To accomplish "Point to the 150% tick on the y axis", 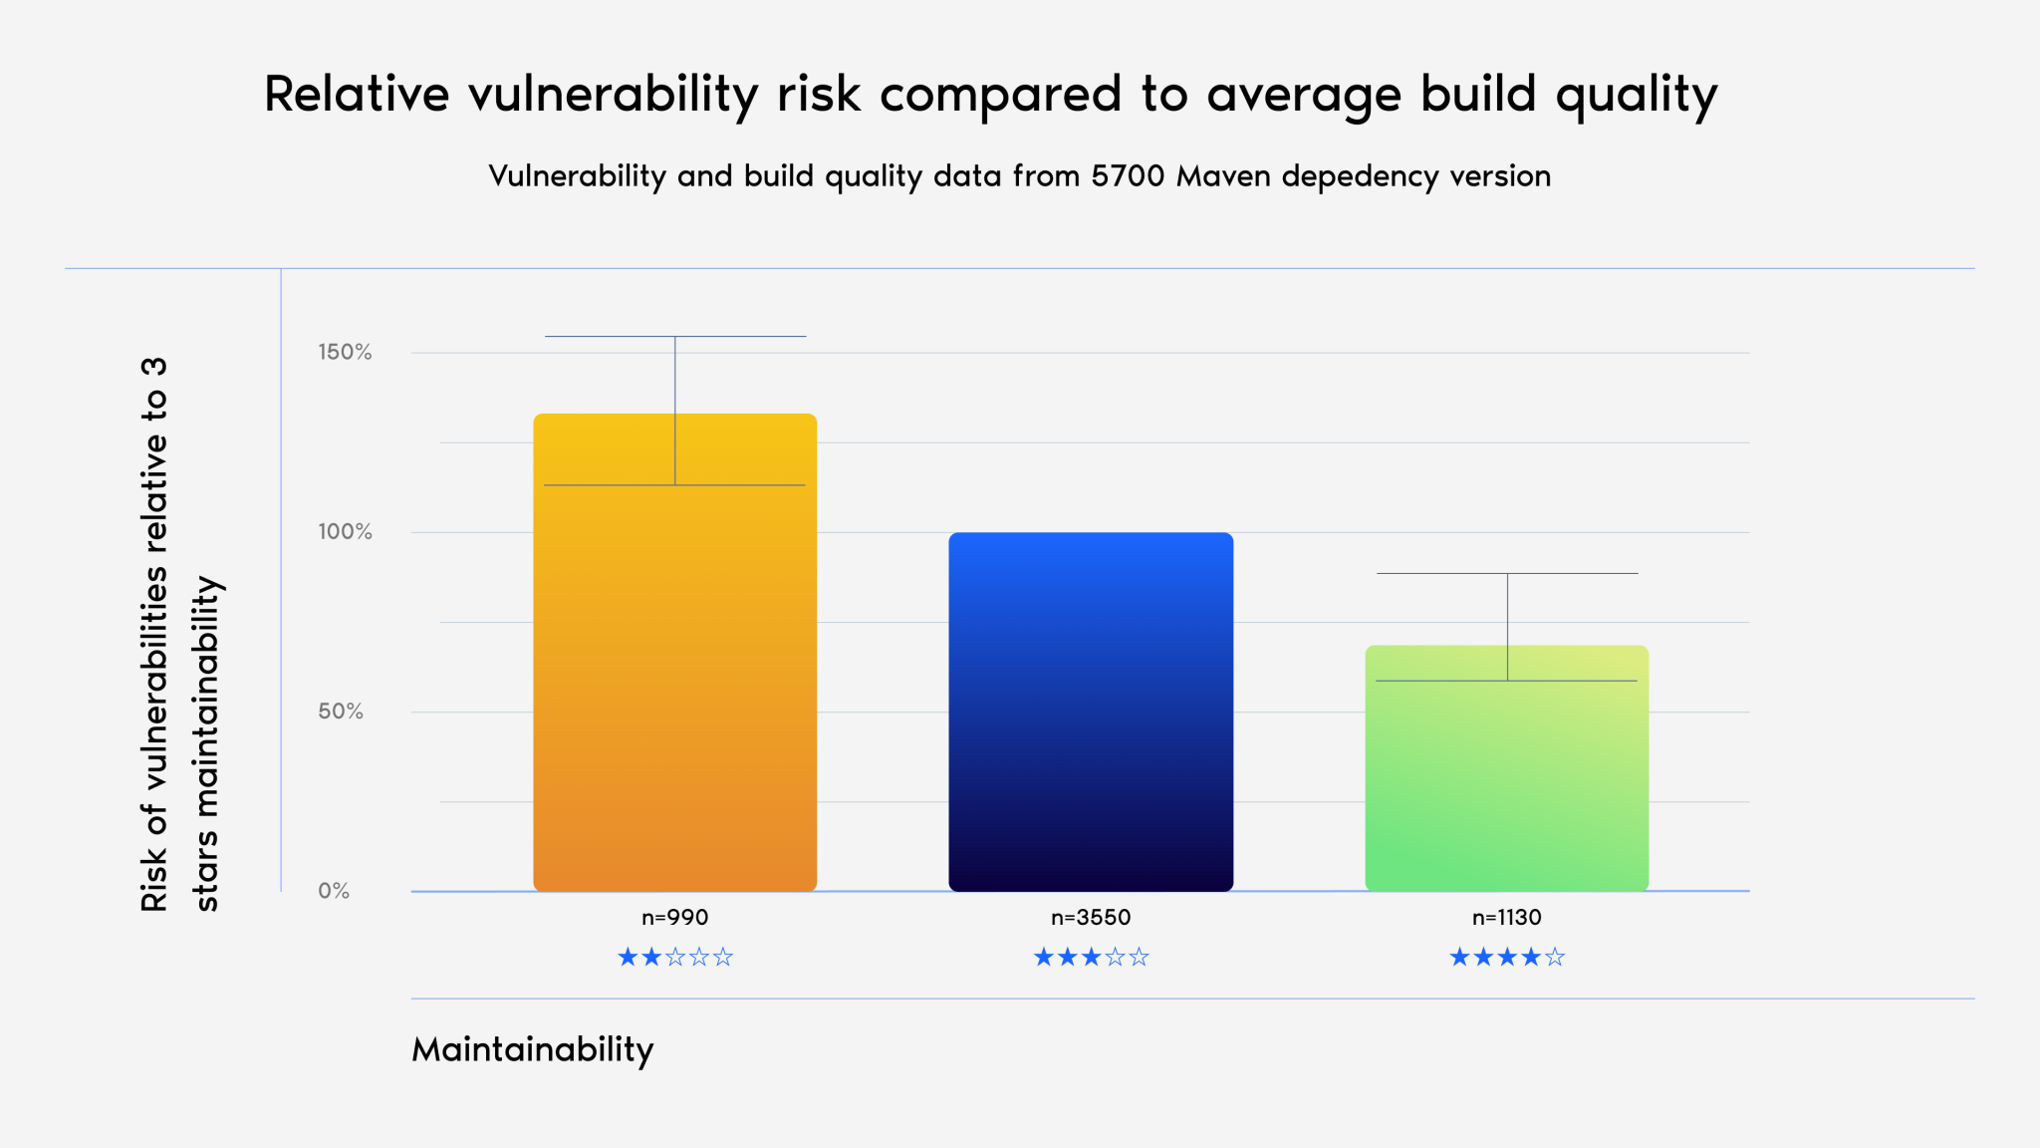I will point(345,352).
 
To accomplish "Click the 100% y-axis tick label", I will point(345,532).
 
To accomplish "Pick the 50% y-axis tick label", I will point(341,712).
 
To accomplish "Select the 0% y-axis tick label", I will point(334,891).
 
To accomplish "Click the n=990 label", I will point(675,917).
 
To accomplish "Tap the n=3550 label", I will point(1091,917).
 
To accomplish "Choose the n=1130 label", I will point(1506,917).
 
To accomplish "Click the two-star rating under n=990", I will point(675,958).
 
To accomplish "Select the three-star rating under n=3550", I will point(1091,958).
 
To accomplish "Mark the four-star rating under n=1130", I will point(1506,958).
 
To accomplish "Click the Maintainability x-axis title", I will point(533,1049).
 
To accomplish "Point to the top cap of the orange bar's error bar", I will point(675,337).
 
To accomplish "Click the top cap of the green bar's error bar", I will point(1507,574).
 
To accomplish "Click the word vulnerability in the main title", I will point(614,96).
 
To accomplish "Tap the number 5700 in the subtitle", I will point(1128,176).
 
